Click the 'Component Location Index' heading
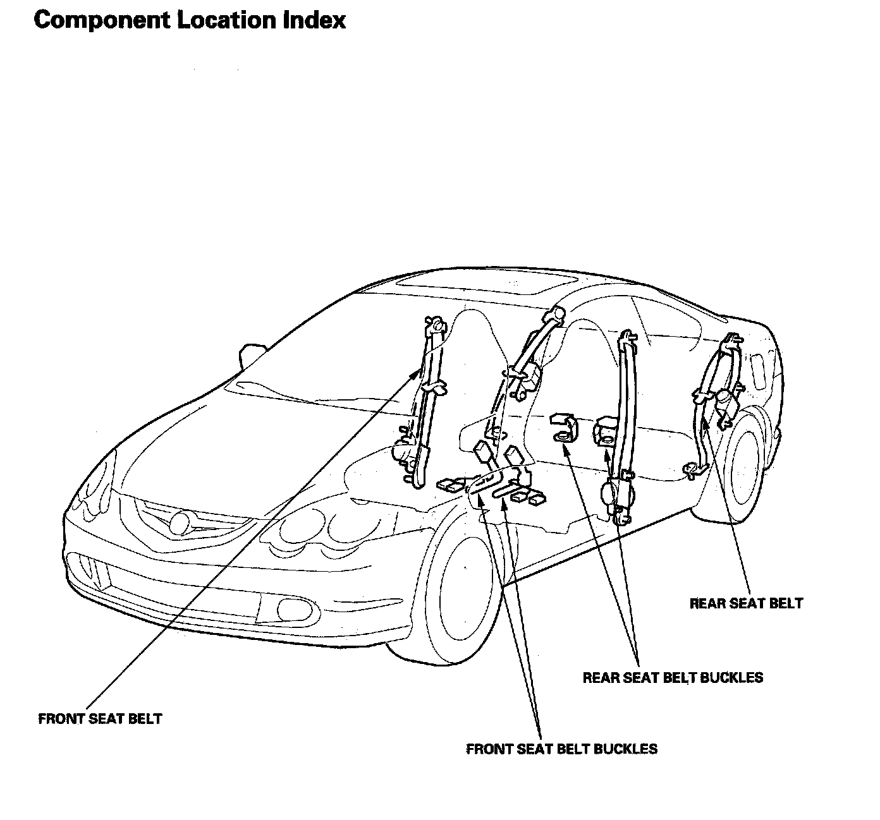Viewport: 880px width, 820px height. (x=189, y=20)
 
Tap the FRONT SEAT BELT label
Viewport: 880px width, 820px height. (x=100, y=719)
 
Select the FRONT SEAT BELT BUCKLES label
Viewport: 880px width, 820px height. (x=561, y=749)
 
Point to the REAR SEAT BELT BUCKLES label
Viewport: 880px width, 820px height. (x=672, y=678)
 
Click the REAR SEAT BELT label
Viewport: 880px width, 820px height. (x=745, y=603)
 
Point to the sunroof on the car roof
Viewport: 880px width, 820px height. (x=487, y=282)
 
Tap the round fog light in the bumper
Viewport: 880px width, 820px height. (x=293, y=608)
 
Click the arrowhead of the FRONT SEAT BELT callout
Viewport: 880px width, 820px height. (x=417, y=373)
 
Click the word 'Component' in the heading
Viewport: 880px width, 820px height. (x=101, y=20)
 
